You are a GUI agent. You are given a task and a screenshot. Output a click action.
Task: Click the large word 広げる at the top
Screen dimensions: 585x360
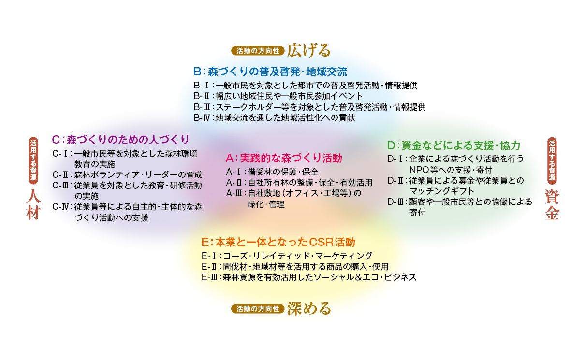click(308, 50)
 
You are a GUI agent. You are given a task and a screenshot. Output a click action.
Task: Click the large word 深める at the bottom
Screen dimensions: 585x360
click(309, 309)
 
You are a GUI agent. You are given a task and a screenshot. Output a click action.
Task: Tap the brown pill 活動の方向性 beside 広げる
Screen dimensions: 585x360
click(258, 51)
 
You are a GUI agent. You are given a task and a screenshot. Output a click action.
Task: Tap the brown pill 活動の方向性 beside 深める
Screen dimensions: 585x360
click(258, 309)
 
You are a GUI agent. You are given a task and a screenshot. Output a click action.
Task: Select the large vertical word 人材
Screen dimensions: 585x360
click(33, 204)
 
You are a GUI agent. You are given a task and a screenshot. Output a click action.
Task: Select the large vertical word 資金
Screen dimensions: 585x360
click(552, 204)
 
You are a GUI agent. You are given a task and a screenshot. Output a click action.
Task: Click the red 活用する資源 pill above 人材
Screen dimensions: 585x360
click(33, 160)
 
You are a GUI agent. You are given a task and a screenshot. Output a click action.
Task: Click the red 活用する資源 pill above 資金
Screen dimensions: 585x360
click(552, 161)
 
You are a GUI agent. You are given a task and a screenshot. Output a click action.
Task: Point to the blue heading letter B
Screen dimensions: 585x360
click(197, 72)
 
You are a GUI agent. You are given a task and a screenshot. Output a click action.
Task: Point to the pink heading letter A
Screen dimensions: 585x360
click(230, 158)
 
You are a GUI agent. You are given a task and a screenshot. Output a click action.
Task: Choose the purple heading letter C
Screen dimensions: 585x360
click(56, 139)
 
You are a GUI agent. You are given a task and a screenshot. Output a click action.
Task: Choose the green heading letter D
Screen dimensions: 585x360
click(391, 145)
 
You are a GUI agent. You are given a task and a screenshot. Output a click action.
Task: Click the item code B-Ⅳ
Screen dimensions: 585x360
click(202, 118)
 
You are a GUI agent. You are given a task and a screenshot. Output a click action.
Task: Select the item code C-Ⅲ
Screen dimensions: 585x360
click(60, 186)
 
